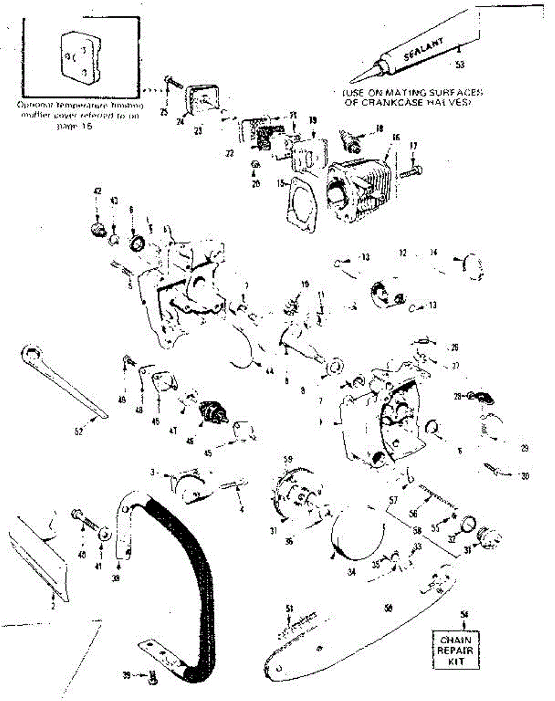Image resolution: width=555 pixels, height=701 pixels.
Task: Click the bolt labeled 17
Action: [x=408, y=172]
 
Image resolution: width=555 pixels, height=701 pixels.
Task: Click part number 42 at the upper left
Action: [x=98, y=191]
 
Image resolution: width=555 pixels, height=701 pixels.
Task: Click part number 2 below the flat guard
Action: [x=53, y=606]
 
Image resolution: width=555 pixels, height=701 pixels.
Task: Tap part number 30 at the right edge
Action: [x=525, y=476]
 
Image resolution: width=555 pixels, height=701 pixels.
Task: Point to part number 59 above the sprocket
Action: [x=287, y=459]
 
